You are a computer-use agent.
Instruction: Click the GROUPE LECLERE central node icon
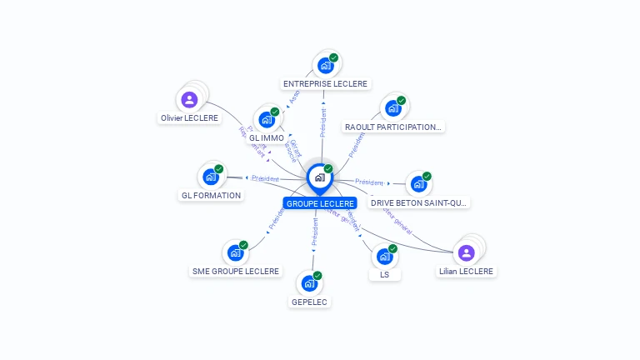tap(319, 177)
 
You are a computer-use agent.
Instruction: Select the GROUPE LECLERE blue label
tap(319, 203)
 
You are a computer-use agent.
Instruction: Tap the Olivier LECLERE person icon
tap(189, 100)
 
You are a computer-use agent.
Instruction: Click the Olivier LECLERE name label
tap(189, 118)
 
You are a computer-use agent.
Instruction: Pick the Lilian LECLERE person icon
tap(466, 252)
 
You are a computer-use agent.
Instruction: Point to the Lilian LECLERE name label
tap(466, 272)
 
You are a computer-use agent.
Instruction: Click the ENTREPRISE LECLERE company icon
tap(325, 65)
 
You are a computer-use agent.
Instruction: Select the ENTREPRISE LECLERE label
tap(325, 84)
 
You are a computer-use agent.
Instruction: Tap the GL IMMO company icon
tap(267, 119)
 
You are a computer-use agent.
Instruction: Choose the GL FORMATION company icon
tap(211, 177)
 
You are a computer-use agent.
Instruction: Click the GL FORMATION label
tap(211, 196)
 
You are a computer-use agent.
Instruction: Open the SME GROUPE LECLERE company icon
tap(235, 252)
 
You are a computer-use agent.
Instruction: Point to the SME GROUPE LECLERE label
tap(236, 272)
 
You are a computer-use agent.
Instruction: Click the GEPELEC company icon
tap(309, 283)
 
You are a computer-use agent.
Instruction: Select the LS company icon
tap(384, 256)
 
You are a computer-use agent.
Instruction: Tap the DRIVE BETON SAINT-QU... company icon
tap(418, 183)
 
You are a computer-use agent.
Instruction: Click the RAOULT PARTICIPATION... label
tap(392, 127)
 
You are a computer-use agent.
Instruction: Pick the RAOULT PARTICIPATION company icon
tap(392, 108)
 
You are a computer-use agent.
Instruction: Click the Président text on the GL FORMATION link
tap(265, 178)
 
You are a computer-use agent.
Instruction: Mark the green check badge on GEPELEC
tap(317, 276)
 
